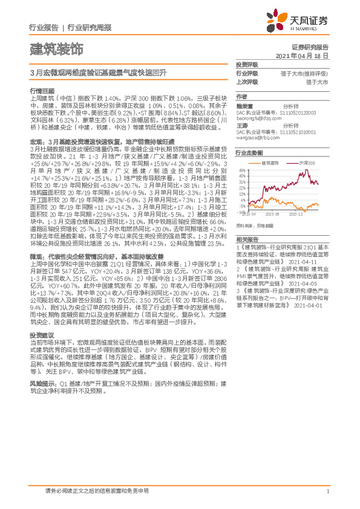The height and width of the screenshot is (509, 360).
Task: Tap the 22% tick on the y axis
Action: coord(243,188)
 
